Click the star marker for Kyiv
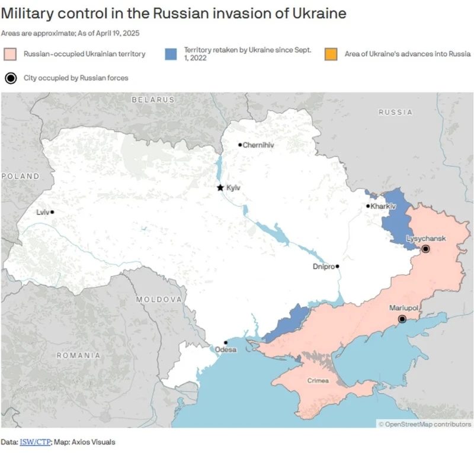click(x=220, y=188)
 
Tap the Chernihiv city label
click(x=260, y=145)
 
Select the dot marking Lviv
click(x=53, y=212)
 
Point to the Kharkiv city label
click(x=383, y=206)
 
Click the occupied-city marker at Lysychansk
click(x=425, y=249)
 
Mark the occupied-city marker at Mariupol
click(x=402, y=319)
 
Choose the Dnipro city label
click(x=323, y=266)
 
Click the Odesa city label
click(x=225, y=350)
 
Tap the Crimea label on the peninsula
click(x=318, y=381)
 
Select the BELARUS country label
click(x=153, y=100)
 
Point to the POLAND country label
click(x=20, y=176)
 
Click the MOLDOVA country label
click(x=159, y=300)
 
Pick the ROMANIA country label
click(x=78, y=355)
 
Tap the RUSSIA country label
click(x=395, y=112)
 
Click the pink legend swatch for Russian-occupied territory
click(x=10, y=54)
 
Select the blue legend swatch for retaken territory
click(x=171, y=54)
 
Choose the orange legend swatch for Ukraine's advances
click(x=331, y=54)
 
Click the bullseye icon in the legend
click(x=10, y=78)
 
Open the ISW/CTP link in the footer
click(x=35, y=442)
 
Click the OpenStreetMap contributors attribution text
click(x=425, y=423)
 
